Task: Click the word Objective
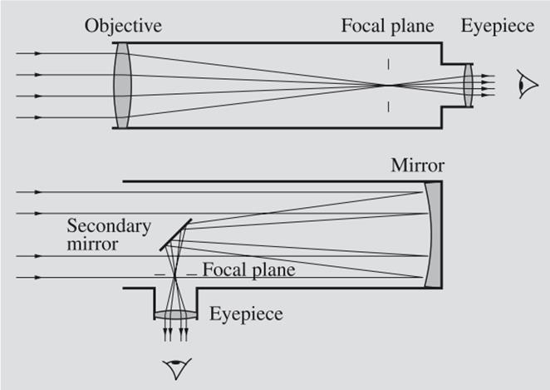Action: [x=123, y=25]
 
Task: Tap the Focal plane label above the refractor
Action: [x=388, y=25]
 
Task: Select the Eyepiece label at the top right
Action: [x=498, y=25]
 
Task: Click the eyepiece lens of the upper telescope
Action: [x=469, y=85]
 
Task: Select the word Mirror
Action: [x=417, y=165]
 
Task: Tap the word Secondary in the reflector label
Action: [x=108, y=225]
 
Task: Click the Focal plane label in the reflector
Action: [x=249, y=269]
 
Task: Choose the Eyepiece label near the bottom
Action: [x=247, y=313]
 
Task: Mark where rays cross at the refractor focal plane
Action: [x=387, y=84]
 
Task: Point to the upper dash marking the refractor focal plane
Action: [x=387, y=64]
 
